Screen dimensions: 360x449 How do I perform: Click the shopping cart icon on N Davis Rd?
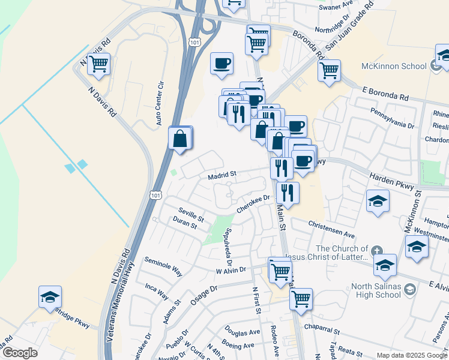(x=98, y=64)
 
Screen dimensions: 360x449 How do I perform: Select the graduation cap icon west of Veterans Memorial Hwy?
(x=50, y=296)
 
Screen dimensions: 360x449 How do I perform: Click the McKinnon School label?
(x=392, y=67)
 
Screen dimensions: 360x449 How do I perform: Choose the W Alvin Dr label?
(x=231, y=271)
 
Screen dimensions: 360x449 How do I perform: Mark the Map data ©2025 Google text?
(x=411, y=355)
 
